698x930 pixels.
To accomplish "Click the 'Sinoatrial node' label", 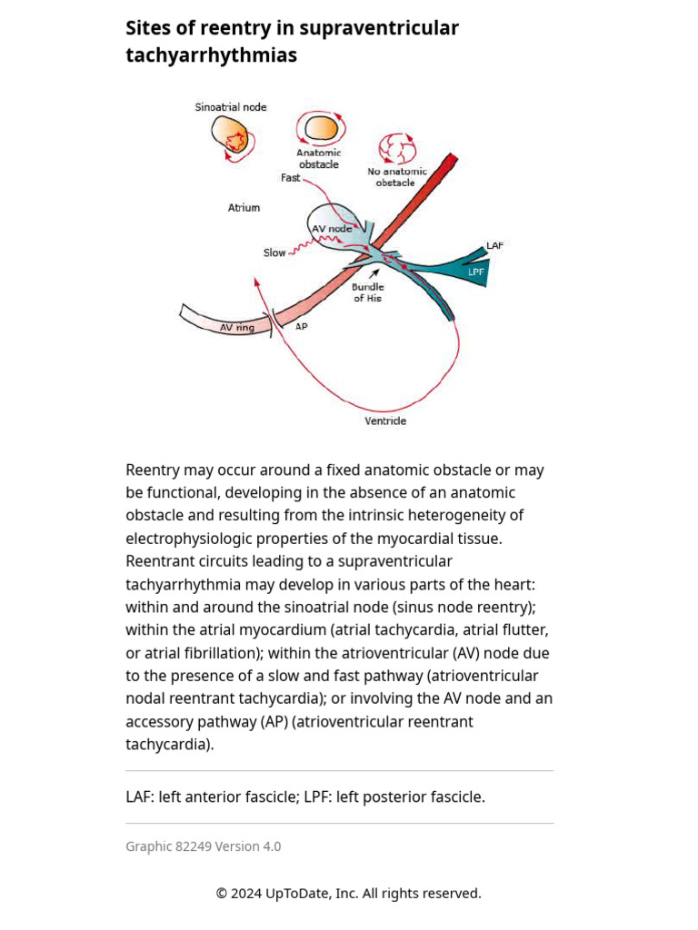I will point(231,107).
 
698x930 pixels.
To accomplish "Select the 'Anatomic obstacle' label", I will point(319,158).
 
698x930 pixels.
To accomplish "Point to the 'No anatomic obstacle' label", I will point(396,176).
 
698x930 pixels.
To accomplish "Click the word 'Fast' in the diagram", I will point(290,178).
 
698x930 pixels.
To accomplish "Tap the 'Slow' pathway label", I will point(274,252).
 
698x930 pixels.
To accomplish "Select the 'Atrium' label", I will point(244,208).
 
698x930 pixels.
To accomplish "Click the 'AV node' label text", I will point(332,229).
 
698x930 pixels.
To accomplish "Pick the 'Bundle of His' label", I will point(368,292).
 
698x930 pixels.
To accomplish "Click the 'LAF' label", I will point(494,246).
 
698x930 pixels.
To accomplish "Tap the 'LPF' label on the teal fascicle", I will point(476,272).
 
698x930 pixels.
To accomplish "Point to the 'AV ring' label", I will point(237,327).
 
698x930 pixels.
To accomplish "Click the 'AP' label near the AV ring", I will point(301,326).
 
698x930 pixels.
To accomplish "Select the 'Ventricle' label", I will point(385,421).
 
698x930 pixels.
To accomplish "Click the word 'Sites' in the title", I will point(146,28).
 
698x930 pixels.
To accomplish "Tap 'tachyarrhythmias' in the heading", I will point(211,55).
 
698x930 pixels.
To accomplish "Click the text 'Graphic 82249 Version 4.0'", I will point(204,846).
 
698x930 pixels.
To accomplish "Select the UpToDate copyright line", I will point(348,894).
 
